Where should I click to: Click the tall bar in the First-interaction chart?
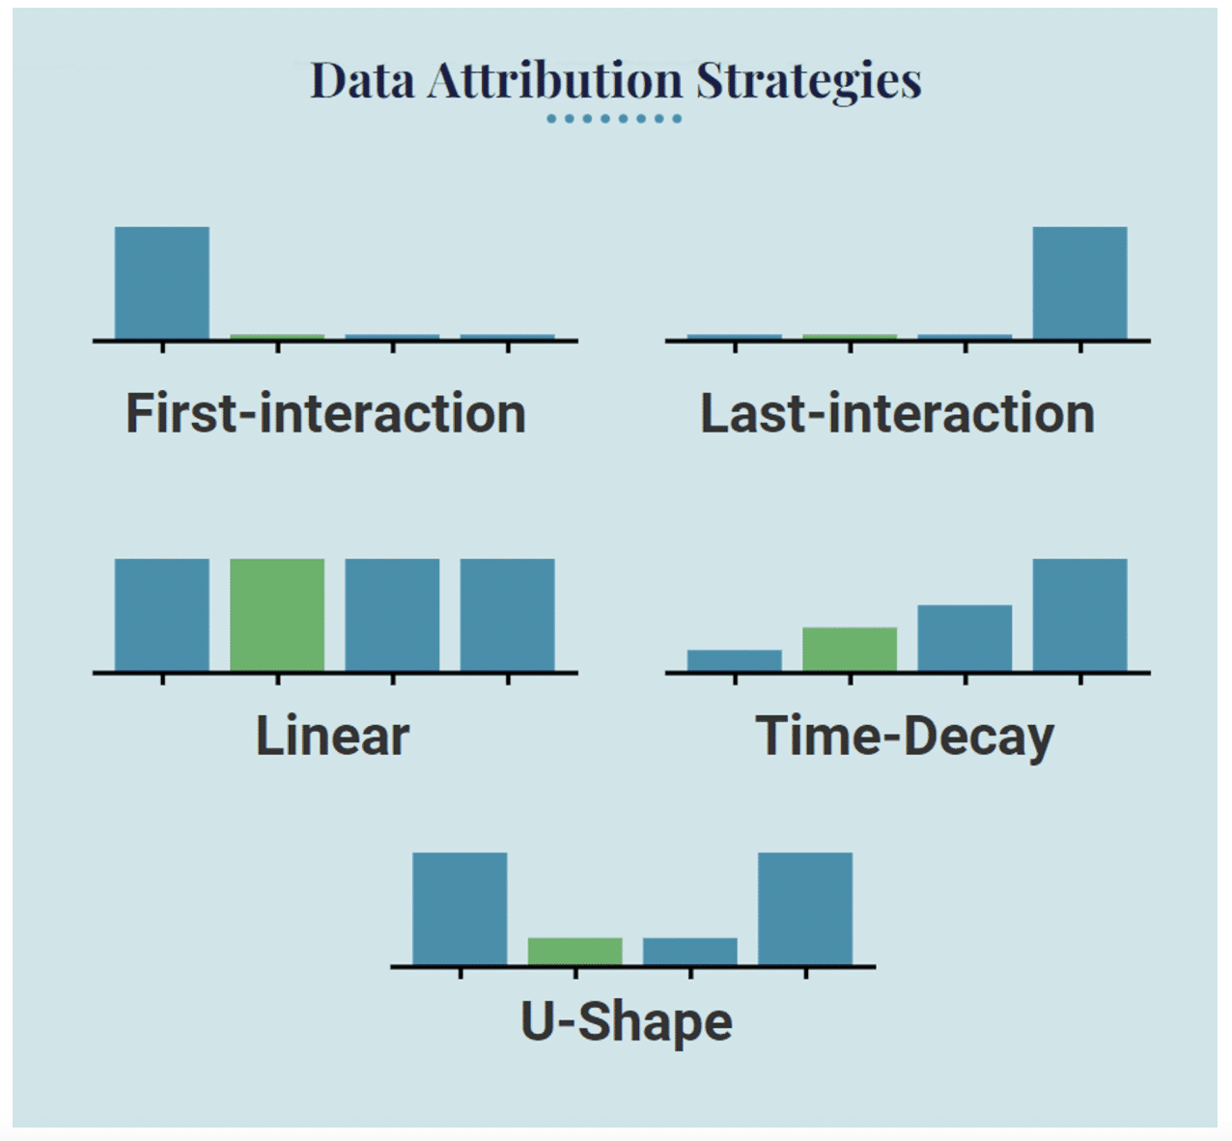tap(162, 283)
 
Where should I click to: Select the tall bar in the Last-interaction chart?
tap(1079, 283)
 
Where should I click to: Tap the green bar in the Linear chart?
tap(277, 615)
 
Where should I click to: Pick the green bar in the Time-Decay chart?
tap(850, 649)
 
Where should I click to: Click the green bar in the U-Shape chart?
tap(574, 951)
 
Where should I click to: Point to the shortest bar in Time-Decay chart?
tap(735, 660)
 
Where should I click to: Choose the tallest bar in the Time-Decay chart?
tap(1079, 615)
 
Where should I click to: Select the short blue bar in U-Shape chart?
tap(690, 951)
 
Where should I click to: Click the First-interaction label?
tap(325, 413)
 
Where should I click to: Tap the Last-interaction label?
tap(897, 413)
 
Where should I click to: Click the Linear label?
tap(332, 736)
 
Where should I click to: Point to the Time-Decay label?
tap(905, 737)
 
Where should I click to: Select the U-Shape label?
tap(627, 1021)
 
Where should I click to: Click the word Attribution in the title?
tap(554, 80)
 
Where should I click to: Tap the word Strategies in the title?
tap(808, 81)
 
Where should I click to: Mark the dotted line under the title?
tap(614, 119)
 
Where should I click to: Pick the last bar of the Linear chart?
tap(507, 615)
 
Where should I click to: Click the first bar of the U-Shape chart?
tap(460, 908)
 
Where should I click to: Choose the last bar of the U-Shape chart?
tap(805, 908)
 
